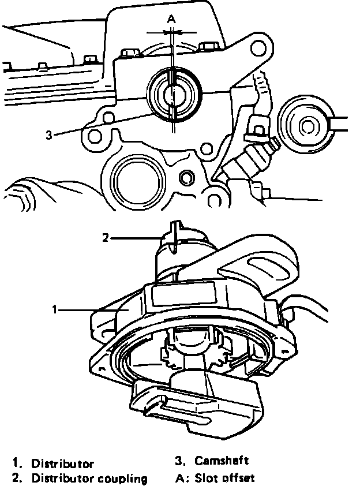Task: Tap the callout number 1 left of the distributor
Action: coord(54,310)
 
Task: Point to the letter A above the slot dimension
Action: coord(171,19)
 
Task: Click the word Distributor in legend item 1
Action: coord(62,463)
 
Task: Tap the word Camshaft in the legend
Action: coord(222,461)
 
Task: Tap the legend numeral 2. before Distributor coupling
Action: coord(17,478)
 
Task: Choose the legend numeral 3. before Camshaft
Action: coord(179,461)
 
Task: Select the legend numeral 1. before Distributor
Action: coord(17,463)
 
